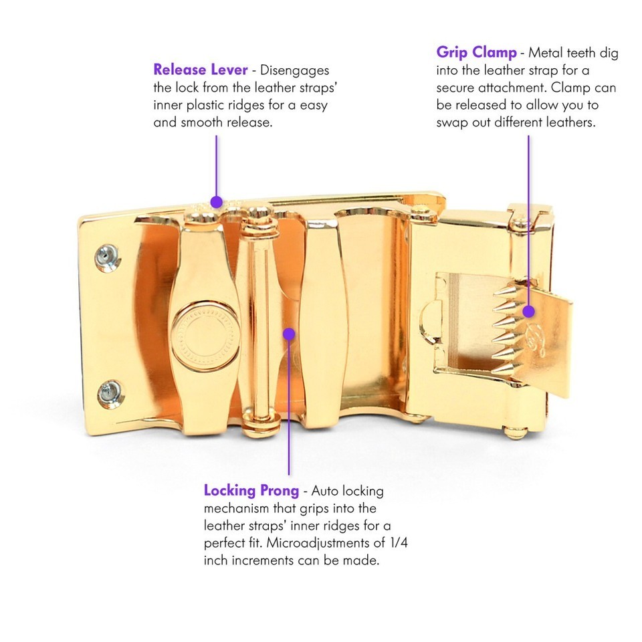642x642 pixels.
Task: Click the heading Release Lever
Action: (x=200, y=70)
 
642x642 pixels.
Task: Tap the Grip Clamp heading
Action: (x=476, y=53)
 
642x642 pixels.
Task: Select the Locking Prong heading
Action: (x=251, y=490)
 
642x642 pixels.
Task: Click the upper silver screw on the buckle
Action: (x=107, y=257)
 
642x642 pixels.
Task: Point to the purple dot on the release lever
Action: (x=216, y=202)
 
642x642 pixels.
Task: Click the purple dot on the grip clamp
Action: (x=528, y=312)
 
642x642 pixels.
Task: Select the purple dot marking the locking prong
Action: (x=289, y=334)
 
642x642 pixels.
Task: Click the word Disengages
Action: (x=294, y=70)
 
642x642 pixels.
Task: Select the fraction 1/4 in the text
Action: (x=398, y=542)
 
